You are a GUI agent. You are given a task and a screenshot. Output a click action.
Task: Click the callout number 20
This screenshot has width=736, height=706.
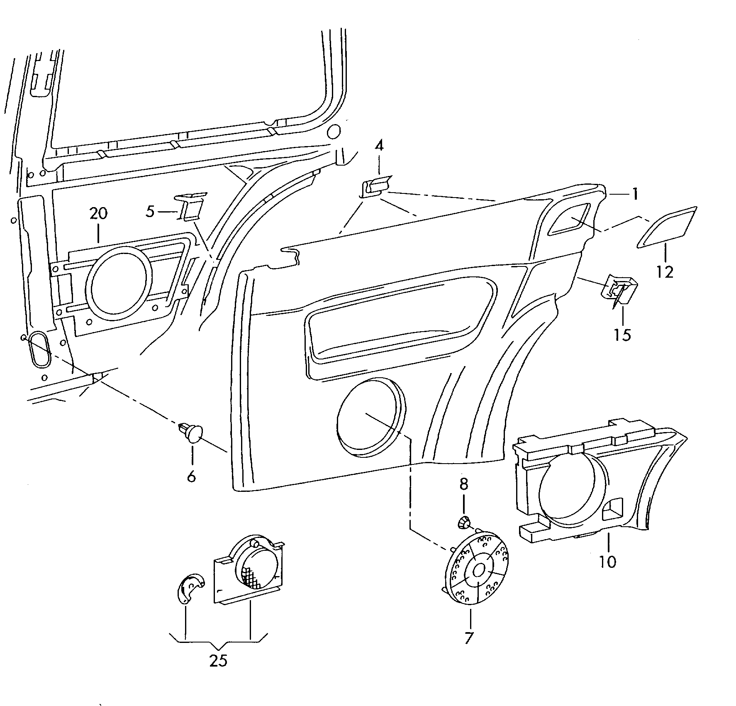tap(98, 214)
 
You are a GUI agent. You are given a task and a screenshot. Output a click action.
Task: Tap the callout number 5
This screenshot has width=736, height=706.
tap(150, 212)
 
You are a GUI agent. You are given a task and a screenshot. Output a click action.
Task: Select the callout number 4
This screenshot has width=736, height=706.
tap(379, 146)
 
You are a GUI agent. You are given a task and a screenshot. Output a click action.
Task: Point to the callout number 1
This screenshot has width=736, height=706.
tap(634, 194)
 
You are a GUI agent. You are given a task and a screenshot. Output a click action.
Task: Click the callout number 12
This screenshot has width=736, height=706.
tap(665, 272)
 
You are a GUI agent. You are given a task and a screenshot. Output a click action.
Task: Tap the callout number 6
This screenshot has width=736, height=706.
tap(191, 476)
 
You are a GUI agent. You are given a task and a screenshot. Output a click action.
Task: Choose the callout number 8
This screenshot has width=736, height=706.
tap(463, 484)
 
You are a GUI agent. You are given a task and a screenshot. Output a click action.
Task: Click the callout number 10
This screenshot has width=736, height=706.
tap(607, 562)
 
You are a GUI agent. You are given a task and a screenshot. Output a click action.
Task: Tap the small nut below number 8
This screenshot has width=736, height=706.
tap(463, 522)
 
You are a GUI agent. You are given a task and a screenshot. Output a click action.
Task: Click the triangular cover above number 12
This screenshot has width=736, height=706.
tap(667, 227)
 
